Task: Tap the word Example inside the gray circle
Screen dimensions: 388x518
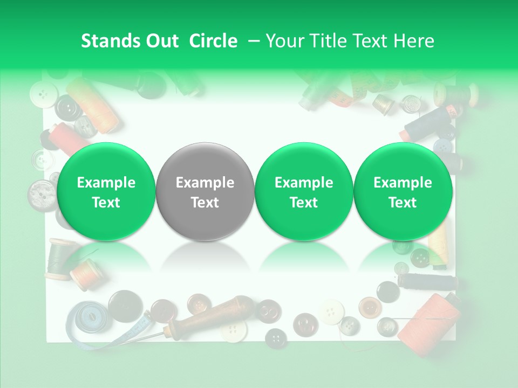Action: [x=205, y=183]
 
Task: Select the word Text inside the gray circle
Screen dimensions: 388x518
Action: [x=205, y=203]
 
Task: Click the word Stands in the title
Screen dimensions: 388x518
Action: [x=110, y=41]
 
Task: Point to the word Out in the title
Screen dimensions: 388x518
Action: [x=162, y=41]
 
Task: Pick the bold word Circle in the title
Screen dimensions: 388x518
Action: [x=213, y=41]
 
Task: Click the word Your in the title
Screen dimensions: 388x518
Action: [x=284, y=41]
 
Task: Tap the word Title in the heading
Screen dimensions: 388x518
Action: [x=324, y=41]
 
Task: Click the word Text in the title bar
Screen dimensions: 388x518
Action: [x=370, y=41]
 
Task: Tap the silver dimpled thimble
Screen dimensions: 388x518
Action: [x=411, y=103]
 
